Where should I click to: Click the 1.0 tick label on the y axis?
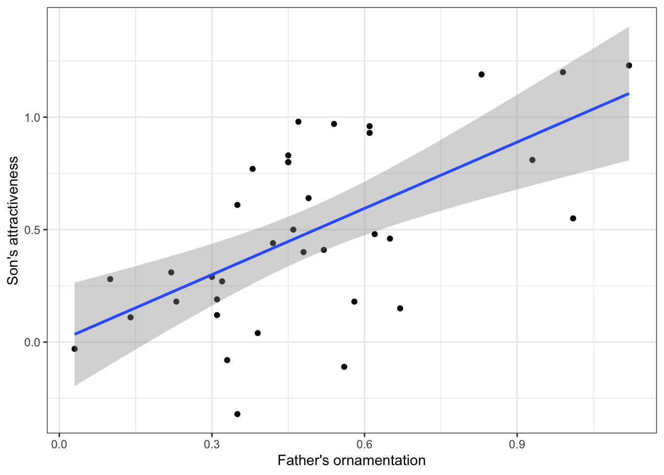34,117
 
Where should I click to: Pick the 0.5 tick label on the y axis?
34,230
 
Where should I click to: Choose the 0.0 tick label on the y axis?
34,342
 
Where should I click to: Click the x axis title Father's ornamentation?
351,461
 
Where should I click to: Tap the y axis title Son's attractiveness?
13,221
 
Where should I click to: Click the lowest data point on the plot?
237,414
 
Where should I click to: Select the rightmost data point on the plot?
629,65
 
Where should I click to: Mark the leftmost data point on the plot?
75,349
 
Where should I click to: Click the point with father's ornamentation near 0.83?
481,74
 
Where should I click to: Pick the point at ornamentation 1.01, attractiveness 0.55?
573,218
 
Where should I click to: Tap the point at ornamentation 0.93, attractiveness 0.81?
532,160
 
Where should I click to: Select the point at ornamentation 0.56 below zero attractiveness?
344,367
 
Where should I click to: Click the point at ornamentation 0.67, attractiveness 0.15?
400,308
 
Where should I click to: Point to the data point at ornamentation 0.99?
563,72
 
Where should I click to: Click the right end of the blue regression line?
628,94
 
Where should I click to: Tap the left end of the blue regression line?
75,334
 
